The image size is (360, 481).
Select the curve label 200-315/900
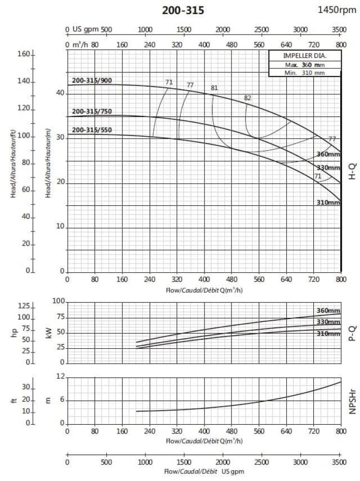click(x=92, y=80)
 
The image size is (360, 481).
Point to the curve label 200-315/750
click(x=92, y=112)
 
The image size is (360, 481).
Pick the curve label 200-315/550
click(x=92, y=130)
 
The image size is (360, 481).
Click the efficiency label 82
click(x=248, y=98)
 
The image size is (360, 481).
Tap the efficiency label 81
click(x=214, y=88)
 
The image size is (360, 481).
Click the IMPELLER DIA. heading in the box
click(x=305, y=56)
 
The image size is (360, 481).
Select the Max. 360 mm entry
click(x=305, y=64)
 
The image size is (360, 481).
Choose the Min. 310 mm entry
click(x=305, y=73)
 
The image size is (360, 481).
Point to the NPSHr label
click(x=351, y=401)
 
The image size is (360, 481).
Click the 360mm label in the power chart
click(x=328, y=310)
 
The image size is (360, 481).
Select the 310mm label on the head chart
click(x=328, y=203)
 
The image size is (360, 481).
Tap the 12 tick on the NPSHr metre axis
click(x=60, y=377)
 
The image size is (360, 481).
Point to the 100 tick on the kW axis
click(x=58, y=302)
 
